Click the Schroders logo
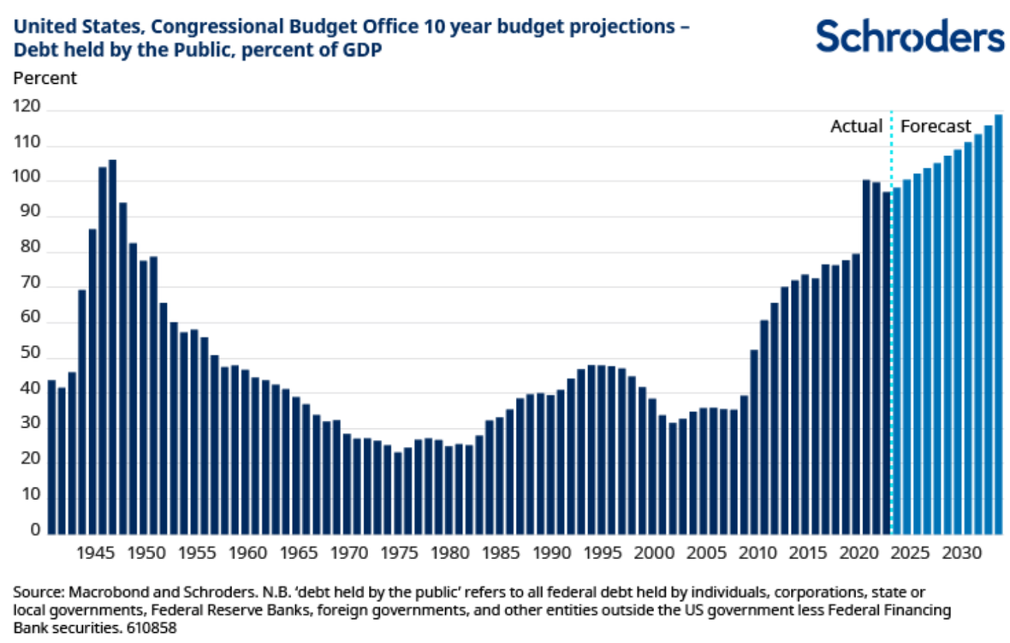(x=909, y=37)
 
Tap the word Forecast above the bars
(x=936, y=127)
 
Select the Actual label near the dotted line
(x=856, y=127)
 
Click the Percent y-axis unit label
(x=45, y=79)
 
